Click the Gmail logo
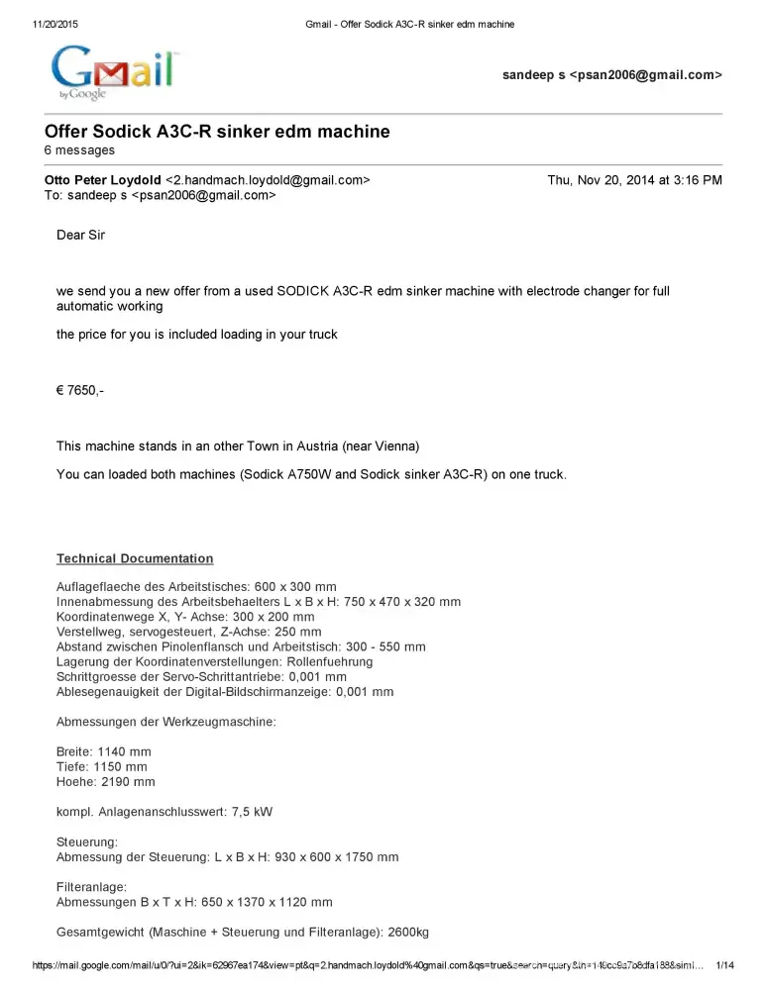point(114,71)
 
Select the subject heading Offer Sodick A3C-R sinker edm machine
point(217,132)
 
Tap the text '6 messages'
point(79,150)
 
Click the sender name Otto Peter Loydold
point(102,180)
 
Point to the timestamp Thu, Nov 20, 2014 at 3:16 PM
point(634,180)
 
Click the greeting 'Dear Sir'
point(80,236)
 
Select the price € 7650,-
point(80,390)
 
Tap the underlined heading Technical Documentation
point(135,558)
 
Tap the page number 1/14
point(724,965)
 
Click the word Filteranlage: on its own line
point(91,888)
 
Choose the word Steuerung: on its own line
point(87,842)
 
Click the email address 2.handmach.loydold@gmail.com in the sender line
point(268,180)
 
